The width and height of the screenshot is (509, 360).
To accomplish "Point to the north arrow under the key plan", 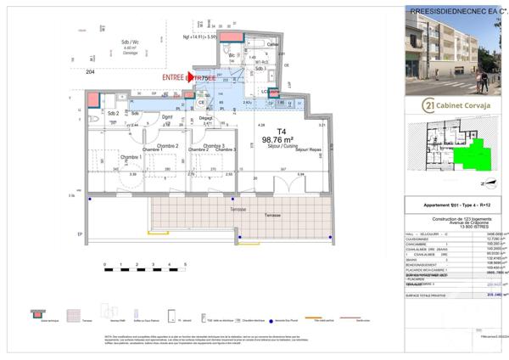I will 482,183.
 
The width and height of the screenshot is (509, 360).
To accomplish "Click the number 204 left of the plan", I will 90,72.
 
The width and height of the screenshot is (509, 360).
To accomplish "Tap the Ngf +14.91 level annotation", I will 200,37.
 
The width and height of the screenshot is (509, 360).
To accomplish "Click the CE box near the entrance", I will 202,103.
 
